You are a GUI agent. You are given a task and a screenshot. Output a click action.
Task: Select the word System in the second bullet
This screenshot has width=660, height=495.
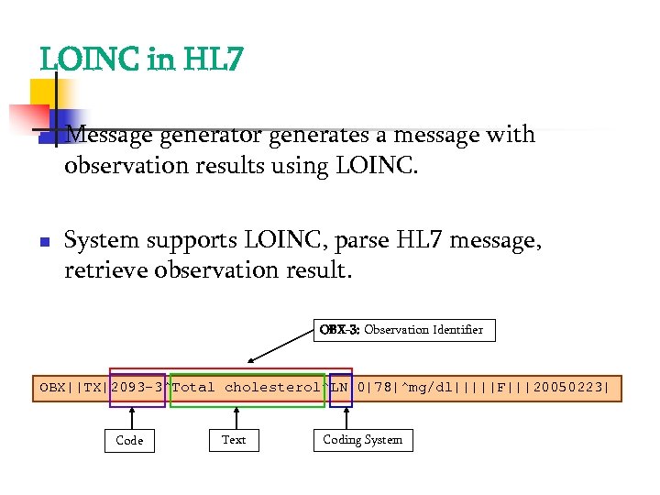pos(101,240)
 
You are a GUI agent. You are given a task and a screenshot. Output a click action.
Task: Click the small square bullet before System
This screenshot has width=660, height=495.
pos(42,242)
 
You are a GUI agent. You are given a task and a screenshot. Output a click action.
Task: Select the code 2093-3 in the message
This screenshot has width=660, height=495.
pos(137,387)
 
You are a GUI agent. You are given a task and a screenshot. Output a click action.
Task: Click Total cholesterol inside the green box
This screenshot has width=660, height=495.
pos(247,387)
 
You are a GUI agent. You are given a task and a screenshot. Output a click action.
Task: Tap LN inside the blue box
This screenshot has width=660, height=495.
pos(340,387)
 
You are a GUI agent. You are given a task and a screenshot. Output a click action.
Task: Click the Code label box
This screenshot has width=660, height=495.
pos(129,440)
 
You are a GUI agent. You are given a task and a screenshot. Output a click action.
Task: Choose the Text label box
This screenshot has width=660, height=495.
pos(234,440)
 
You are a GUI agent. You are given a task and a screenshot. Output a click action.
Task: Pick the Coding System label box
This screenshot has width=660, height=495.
pos(362,440)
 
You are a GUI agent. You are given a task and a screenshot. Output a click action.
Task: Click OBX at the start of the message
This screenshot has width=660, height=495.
pos(52,387)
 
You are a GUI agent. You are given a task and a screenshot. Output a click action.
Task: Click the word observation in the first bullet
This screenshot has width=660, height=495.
pos(120,166)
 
